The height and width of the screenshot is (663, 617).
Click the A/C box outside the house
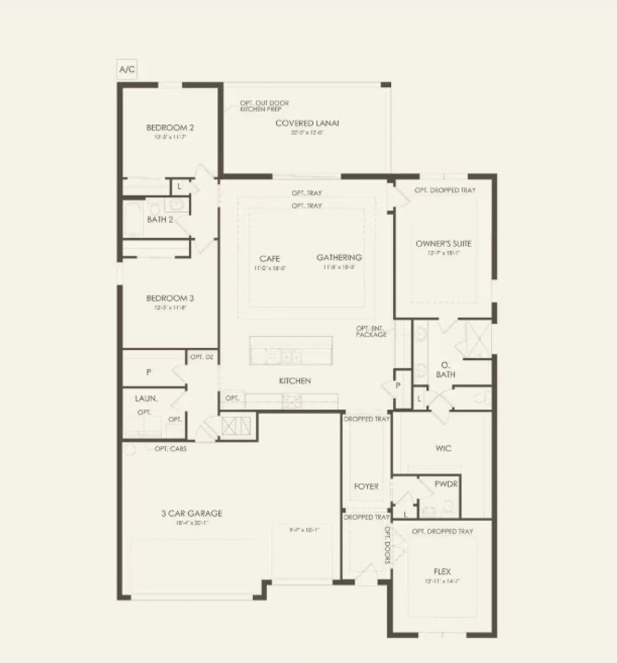click(127, 69)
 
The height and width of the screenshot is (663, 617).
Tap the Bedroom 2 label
click(170, 127)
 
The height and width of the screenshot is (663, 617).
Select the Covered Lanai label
click(307, 123)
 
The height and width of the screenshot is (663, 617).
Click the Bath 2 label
click(160, 219)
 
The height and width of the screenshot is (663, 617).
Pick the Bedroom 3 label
click(170, 298)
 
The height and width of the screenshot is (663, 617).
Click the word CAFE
click(270, 258)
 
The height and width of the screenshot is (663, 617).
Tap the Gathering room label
click(339, 258)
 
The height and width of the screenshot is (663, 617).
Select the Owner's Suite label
click(443, 244)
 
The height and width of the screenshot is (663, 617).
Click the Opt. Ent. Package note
click(371, 331)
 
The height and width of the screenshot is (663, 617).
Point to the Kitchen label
click(295, 381)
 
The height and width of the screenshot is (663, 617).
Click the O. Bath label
click(445, 370)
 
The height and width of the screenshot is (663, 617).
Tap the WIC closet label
click(443, 449)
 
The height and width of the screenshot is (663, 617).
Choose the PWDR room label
click(446, 484)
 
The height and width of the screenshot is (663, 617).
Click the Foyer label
click(366, 486)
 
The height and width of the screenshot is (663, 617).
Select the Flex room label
click(441, 571)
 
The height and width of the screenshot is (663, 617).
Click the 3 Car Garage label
click(191, 513)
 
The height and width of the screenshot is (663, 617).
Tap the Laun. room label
click(147, 399)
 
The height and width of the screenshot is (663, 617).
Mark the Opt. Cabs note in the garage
click(170, 449)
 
